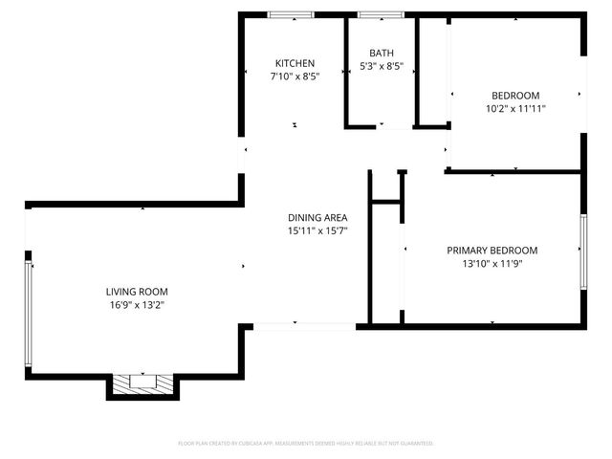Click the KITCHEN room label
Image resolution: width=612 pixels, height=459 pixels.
coord(295,63)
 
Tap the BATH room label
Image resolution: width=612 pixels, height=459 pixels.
coord(381,54)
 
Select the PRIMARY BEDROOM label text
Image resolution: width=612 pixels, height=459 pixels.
coord(492,251)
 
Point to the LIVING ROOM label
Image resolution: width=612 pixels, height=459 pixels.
coord(137,292)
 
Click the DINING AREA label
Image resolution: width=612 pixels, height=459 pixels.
coord(317,217)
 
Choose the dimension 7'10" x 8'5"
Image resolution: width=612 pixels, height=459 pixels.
coord(295,76)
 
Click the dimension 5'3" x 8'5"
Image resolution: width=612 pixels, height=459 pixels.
coord(381,67)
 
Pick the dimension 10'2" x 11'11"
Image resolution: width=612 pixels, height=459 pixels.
coord(515,109)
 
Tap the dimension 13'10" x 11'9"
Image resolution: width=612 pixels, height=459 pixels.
coord(492,264)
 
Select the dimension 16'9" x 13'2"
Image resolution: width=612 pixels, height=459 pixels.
coord(137,305)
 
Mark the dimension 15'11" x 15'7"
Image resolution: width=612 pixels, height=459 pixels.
coord(317,230)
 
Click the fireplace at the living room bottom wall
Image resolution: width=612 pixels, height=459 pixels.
coord(142,384)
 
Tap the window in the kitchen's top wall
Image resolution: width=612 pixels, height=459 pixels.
coord(291,15)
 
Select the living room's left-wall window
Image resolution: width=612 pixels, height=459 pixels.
coord(29,316)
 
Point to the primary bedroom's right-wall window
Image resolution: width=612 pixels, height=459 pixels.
coord(582,251)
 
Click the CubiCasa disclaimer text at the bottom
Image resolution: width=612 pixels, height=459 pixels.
coord(306,444)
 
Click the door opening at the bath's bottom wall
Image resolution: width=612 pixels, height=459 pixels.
coord(381,125)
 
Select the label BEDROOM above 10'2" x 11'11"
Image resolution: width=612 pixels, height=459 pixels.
coord(515,96)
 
